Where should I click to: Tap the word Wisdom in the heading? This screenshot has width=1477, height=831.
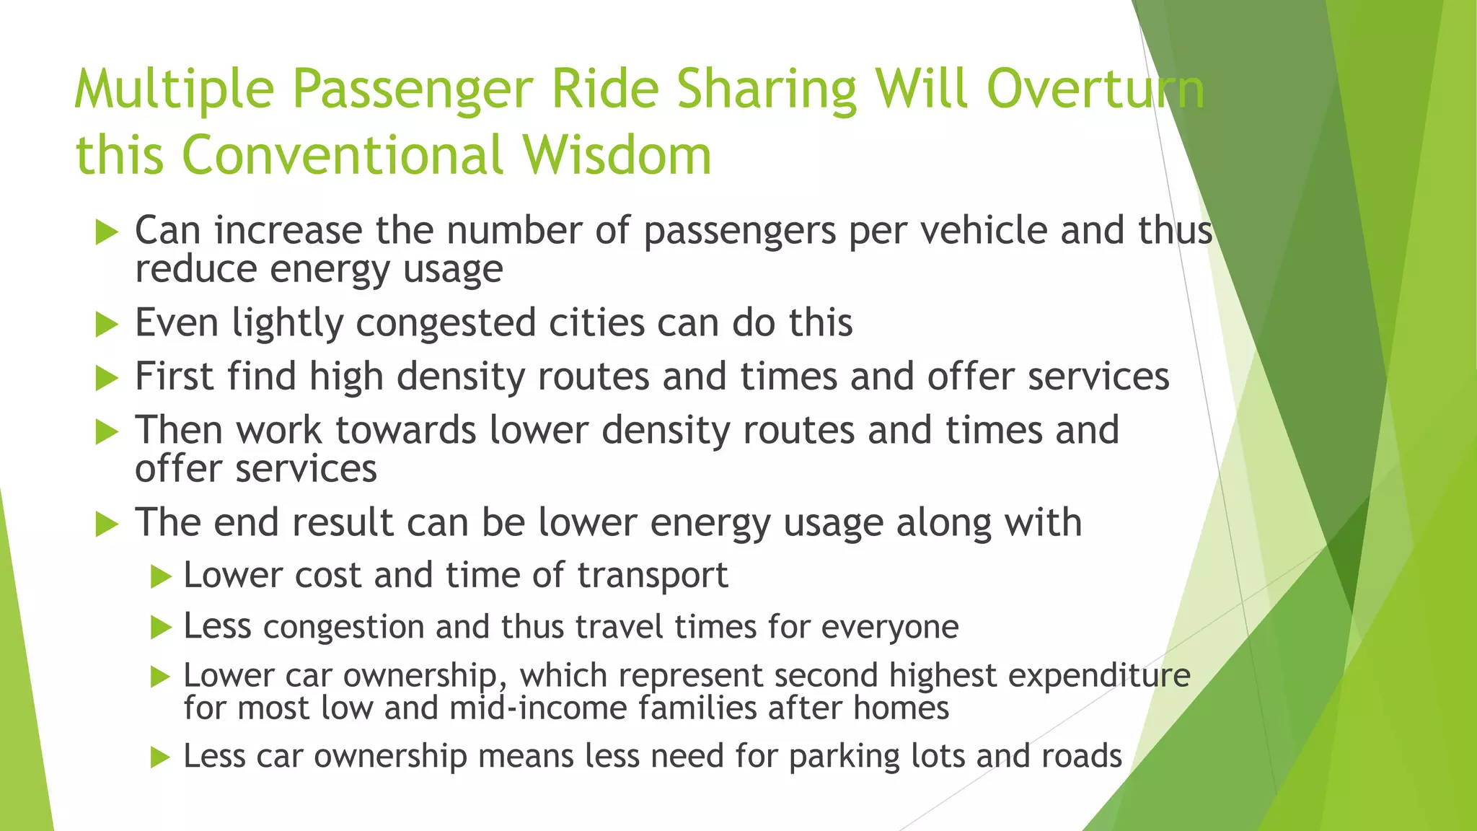click(617, 155)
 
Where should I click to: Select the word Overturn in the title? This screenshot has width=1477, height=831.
click(1095, 89)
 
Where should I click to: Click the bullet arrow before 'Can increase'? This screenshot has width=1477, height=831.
click(106, 233)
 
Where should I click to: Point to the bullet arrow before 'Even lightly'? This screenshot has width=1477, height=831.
click(106, 325)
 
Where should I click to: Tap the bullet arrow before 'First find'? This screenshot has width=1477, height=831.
click(106, 378)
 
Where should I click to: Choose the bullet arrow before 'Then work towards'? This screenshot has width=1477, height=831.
click(106, 432)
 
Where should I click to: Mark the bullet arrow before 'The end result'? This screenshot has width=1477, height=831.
click(106, 524)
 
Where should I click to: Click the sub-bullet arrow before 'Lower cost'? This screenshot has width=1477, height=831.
click(161, 577)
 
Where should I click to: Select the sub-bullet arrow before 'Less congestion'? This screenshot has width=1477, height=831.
click(161, 628)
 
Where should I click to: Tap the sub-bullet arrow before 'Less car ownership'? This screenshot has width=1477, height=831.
click(161, 758)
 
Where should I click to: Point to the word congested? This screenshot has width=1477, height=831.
click(446, 323)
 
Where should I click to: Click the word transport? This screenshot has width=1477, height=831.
click(653, 576)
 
